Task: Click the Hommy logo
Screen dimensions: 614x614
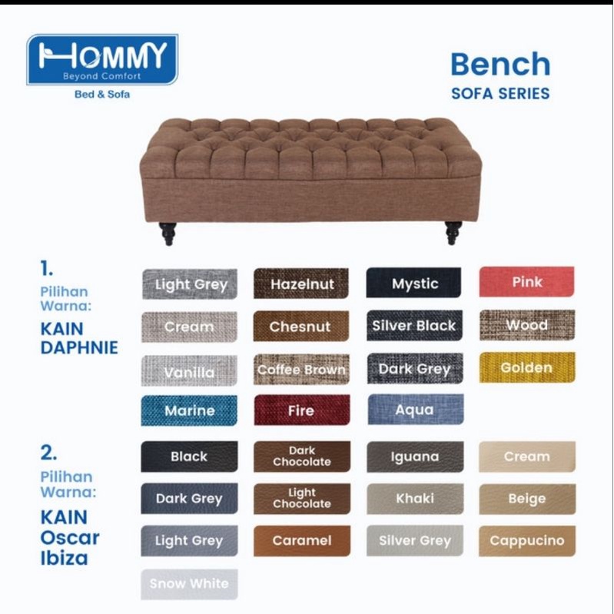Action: [x=102, y=59]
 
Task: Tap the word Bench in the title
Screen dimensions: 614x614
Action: [x=500, y=65]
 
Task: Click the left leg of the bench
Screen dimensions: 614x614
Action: [x=168, y=234]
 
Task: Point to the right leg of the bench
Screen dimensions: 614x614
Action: [x=453, y=233]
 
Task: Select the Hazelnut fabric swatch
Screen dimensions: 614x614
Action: [x=301, y=284]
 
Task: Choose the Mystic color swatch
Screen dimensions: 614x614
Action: [x=414, y=283]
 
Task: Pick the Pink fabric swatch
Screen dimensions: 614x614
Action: [x=526, y=281]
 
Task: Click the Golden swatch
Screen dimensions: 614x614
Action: [x=527, y=367]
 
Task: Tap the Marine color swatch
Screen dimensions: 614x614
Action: [x=189, y=410]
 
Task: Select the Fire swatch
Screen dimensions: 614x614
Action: [x=302, y=410]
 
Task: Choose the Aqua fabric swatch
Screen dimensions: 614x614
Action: [x=416, y=409]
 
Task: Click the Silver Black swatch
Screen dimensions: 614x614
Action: [x=414, y=325]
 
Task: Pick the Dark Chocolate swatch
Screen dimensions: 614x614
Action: [x=302, y=456]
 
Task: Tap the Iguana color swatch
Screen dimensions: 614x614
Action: [x=415, y=456]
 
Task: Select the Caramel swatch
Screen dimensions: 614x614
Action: [x=302, y=541]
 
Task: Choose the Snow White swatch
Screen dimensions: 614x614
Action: [x=189, y=584]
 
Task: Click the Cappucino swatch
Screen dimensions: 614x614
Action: [x=527, y=541]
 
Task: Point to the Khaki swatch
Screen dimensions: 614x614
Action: [x=415, y=499]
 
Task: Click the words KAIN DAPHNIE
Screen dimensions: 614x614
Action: [x=79, y=338]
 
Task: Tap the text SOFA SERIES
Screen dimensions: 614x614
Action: [x=500, y=94]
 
